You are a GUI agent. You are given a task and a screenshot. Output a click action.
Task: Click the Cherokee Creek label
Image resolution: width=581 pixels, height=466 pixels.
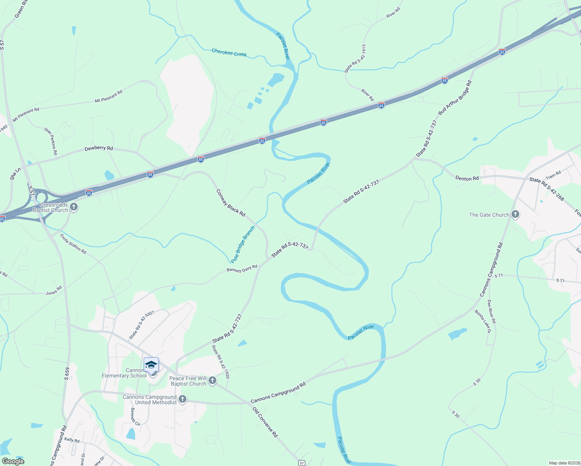point(229,52)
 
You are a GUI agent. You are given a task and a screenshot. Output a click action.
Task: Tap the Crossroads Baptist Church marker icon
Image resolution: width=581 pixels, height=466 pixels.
point(74,207)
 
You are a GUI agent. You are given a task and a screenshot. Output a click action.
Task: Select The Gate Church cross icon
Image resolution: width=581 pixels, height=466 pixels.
point(515,214)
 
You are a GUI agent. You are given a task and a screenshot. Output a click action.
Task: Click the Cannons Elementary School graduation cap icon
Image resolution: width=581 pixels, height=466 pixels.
point(151,365)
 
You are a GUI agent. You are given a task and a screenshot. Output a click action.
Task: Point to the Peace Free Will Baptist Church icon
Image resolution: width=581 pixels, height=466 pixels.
point(212,381)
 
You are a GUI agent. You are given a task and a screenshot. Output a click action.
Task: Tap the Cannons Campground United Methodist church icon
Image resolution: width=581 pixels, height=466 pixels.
point(183,399)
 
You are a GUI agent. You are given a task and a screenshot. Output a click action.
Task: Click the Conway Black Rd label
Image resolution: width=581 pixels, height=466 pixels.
point(231,203)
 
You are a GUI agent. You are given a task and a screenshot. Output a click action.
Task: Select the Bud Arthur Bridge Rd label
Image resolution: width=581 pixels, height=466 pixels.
point(455,97)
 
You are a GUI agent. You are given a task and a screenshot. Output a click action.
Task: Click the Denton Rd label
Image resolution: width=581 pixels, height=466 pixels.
point(467,179)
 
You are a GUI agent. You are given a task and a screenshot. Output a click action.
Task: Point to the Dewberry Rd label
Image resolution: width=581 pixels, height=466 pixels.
point(99,148)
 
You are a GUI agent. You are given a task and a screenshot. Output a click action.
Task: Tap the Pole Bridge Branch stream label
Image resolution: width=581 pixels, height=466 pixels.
point(243,245)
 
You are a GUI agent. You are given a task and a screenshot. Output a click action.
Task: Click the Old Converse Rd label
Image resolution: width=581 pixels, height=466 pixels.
point(265,422)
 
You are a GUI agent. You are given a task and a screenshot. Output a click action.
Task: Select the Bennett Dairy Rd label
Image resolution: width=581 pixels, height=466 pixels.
point(242,268)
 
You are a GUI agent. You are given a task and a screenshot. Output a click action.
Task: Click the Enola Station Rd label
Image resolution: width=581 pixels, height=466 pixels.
point(73,243)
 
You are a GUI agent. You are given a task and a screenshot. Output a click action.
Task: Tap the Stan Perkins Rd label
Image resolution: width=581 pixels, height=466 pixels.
point(50,141)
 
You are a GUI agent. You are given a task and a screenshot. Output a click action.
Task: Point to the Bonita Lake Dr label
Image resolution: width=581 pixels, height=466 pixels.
point(483,321)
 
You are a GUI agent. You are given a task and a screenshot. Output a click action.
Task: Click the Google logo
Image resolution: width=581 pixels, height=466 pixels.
point(13,461)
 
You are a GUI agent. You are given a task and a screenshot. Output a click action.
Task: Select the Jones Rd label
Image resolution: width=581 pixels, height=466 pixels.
point(54,291)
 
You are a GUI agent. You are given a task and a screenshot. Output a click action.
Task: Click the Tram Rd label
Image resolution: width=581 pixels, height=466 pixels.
point(553,175)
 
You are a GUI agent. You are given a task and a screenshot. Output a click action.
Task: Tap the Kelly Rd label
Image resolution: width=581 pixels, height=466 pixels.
point(72,440)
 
